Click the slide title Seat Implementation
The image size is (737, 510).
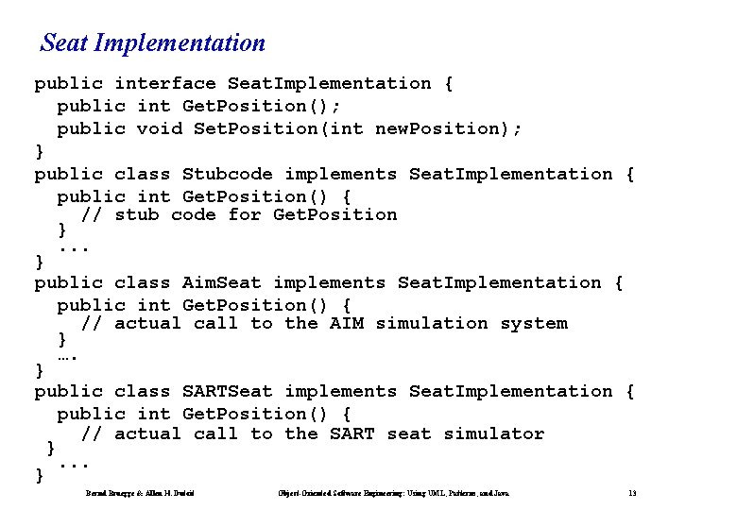click(x=153, y=43)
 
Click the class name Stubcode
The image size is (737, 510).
click(x=228, y=174)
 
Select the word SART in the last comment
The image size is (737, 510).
click(x=352, y=434)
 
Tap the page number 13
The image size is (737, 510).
click(x=632, y=493)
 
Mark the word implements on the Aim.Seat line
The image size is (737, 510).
click(x=330, y=282)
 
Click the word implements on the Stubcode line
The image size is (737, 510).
click(x=341, y=174)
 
